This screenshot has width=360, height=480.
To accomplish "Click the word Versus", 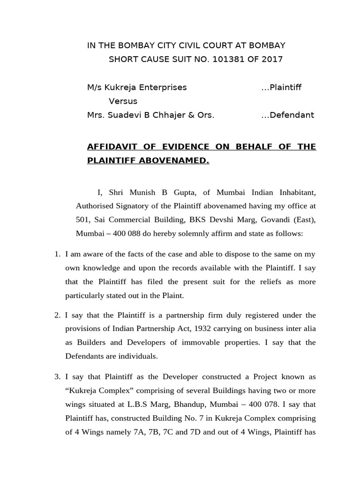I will click(x=123, y=101).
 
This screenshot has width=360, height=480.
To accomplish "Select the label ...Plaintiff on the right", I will click(x=281, y=87).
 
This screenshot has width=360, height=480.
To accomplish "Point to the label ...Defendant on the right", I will click(x=288, y=115).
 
